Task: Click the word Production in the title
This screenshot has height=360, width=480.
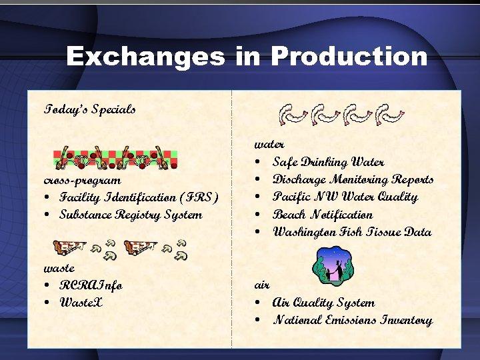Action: (349, 57)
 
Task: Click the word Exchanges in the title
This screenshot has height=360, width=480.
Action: (145, 57)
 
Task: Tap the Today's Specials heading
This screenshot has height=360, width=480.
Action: (90, 109)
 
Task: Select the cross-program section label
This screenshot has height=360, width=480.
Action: (83, 180)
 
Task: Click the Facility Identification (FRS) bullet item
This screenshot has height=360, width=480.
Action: (139, 197)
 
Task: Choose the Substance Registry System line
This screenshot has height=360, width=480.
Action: (131, 215)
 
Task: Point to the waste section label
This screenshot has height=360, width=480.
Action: (59, 268)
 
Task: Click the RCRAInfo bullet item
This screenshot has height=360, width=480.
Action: (91, 285)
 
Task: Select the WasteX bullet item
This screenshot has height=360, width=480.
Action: (81, 303)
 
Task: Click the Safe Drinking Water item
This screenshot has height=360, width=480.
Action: (328, 162)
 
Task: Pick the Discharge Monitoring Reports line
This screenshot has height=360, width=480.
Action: (353, 179)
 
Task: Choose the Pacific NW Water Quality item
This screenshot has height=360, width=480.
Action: (345, 197)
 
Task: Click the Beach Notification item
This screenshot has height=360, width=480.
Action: (323, 215)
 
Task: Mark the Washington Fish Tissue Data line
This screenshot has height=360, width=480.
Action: (352, 232)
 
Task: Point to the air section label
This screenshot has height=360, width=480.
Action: (262, 285)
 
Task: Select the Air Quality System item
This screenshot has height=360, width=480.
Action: (323, 303)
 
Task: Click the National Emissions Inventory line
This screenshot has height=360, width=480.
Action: (352, 320)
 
